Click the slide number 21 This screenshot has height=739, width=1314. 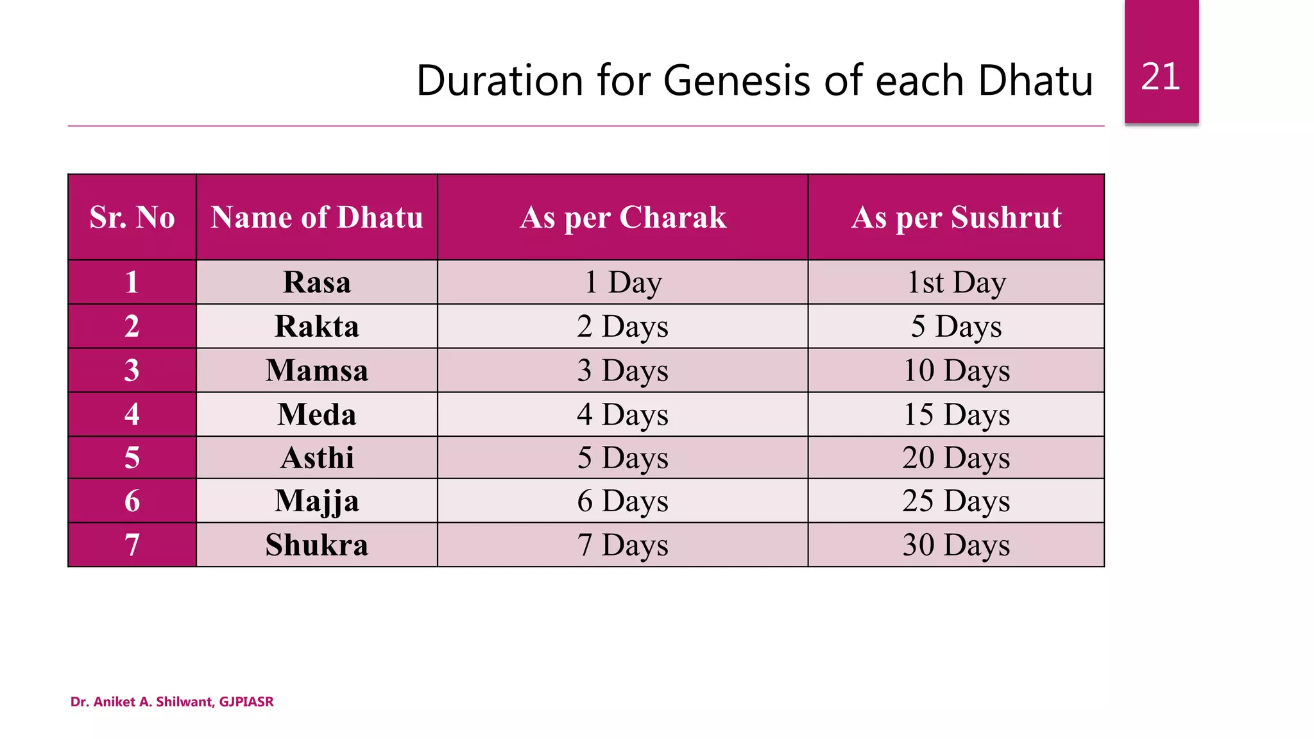[1161, 77]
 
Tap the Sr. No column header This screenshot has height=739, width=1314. [132, 217]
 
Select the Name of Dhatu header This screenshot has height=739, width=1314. [317, 217]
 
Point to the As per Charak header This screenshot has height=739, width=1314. [623, 217]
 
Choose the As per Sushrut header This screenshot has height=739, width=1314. [956, 217]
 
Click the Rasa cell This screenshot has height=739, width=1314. [317, 282]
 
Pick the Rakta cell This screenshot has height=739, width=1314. [317, 327]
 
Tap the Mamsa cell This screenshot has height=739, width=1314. [317, 371]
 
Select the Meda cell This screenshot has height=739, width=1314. [317, 414]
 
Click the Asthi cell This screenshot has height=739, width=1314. [317, 458]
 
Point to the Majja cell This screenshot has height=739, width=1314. [317, 501]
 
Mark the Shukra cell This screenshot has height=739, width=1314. [317, 545]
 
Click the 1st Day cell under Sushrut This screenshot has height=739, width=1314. [956, 282]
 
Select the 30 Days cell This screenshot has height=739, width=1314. [956, 545]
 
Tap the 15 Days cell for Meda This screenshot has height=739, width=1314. [956, 414]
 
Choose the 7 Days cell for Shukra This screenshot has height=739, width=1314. [623, 545]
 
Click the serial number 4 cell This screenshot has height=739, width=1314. [132, 414]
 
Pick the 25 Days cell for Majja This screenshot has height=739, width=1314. [956, 501]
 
